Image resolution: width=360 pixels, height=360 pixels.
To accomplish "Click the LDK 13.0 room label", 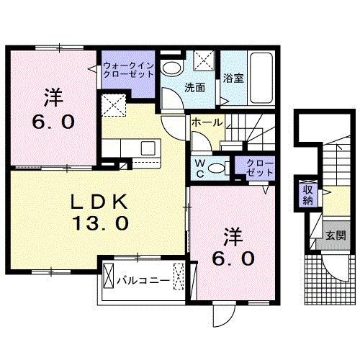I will click(100, 212).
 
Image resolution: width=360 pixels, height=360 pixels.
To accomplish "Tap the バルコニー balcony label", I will click(144, 282).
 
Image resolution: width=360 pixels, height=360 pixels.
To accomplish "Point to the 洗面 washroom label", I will click(195, 88).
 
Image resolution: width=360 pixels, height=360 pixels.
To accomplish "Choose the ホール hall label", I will click(206, 123).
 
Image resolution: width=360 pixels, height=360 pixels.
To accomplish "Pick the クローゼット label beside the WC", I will click(255, 168).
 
